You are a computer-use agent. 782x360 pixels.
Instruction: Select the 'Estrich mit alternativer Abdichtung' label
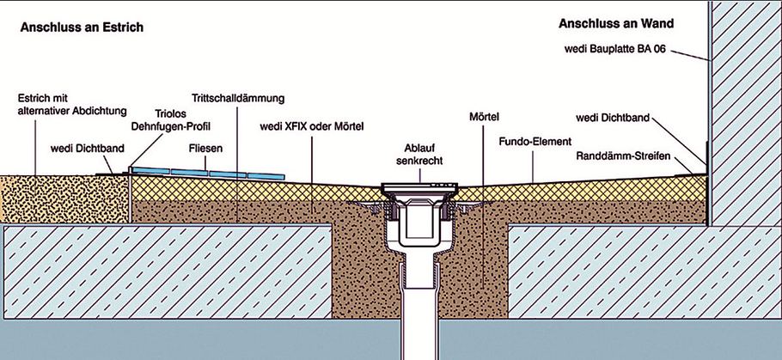tap(72, 105)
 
